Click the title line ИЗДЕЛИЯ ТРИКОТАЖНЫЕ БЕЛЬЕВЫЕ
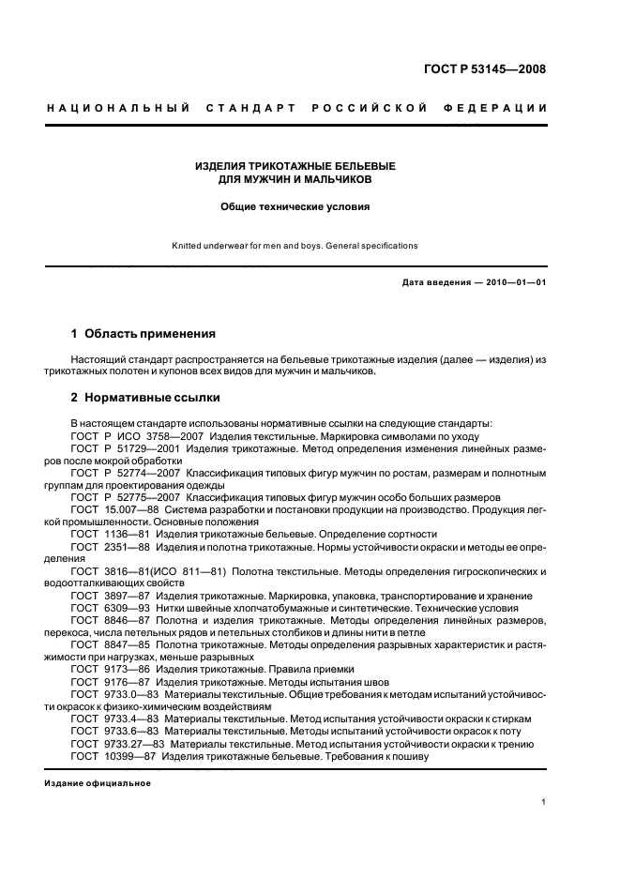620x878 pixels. (x=295, y=166)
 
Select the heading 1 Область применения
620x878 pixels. (x=144, y=333)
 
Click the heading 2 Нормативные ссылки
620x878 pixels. (x=132, y=397)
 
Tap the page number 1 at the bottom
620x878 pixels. (x=544, y=801)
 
